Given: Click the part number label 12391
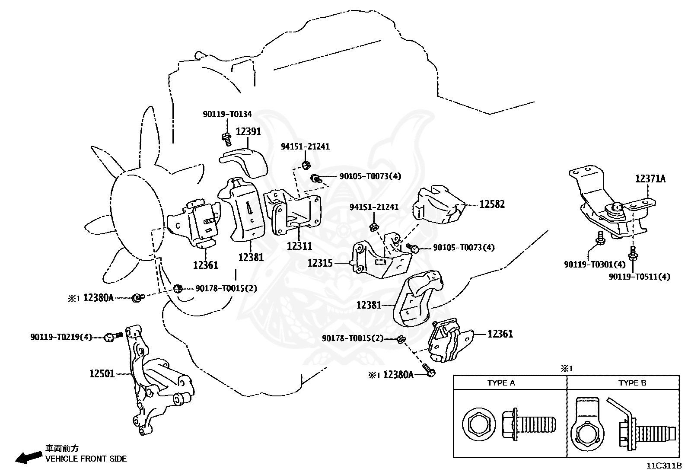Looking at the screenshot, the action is click(x=248, y=131).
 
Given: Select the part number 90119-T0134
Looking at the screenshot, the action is click(x=227, y=114).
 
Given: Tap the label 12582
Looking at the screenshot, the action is click(x=492, y=204).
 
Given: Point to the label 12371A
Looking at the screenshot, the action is click(x=650, y=179).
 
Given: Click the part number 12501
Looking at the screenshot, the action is click(x=102, y=373).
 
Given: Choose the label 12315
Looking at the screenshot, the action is click(x=320, y=263).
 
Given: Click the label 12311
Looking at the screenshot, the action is click(x=299, y=246).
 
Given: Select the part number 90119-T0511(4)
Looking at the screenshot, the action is click(x=640, y=277).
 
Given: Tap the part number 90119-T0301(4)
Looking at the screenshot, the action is click(x=595, y=264).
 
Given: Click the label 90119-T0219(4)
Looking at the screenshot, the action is click(x=61, y=337).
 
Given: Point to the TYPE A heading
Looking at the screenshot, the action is click(x=501, y=383).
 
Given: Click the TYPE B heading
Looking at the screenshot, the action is click(x=632, y=383).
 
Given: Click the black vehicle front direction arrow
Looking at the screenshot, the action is click(x=29, y=457).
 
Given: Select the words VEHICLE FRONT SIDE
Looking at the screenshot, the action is click(x=86, y=459).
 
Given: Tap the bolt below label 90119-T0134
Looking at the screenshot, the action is click(x=227, y=140).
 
